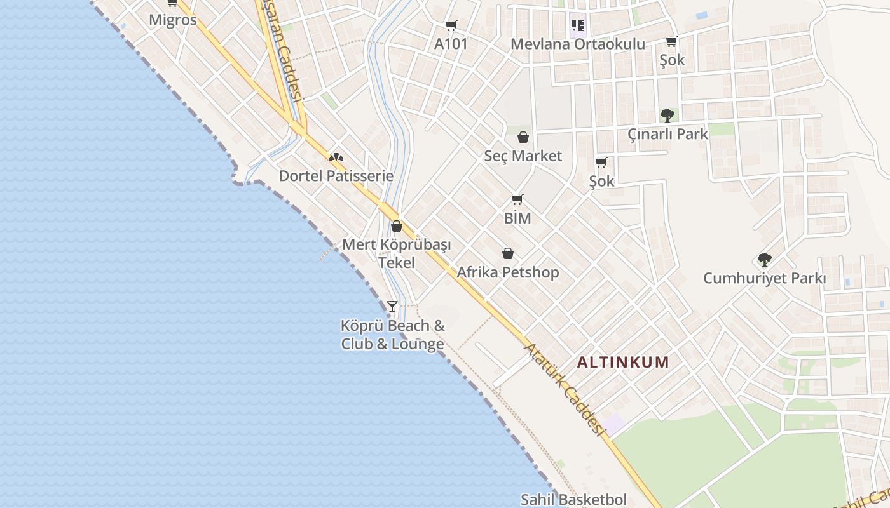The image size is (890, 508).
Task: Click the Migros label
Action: tap(172, 20)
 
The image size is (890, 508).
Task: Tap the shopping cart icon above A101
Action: tap(451, 26)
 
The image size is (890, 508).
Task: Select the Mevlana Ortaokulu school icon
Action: tap(577, 25)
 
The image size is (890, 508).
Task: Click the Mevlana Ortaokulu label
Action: tap(577, 44)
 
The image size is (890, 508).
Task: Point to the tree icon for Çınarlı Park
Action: tap(667, 116)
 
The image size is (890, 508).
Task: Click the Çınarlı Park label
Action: tap(667, 134)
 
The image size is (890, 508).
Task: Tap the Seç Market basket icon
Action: tap(523, 137)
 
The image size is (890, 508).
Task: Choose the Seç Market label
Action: tap(523, 156)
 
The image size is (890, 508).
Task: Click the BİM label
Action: tap(517, 218)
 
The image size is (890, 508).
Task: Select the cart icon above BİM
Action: tap(517, 200)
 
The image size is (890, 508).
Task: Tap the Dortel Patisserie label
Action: tap(336, 176)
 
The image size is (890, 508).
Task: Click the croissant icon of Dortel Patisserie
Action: tap(336, 157)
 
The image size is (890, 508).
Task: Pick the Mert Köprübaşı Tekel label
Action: tap(396, 253)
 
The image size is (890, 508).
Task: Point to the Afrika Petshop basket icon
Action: tap(508, 254)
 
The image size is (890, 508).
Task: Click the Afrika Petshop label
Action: tap(508, 272)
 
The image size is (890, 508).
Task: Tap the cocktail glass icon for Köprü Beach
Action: tap(392, 307)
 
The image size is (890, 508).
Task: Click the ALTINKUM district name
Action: tap(622, 363)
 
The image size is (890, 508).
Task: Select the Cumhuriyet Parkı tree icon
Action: tap(764, 260)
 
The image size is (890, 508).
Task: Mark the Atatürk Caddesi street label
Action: tap(563, 389)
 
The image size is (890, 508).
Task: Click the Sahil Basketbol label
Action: tap(573, 499)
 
